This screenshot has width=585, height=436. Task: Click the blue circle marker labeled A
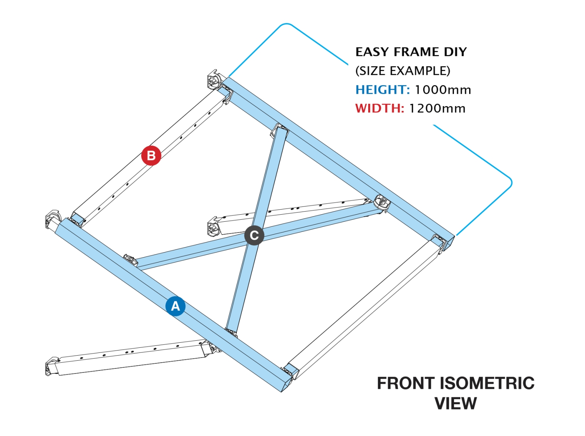click(x=175, y=306)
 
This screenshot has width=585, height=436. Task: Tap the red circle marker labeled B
click(x=151, y=155)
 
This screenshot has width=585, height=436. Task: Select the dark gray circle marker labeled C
click(x=254, y=235)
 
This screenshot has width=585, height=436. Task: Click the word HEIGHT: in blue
click(x=382, y=90)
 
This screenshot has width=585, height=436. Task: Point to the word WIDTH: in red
click(x=379, y=109)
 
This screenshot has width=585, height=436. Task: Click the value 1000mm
click(x=443, y=90)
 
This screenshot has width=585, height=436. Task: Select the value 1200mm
click(x=437, y=109)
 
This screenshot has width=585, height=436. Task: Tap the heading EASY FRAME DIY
click(x=411, y=52)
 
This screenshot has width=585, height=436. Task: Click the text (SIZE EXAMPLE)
click(x=402, y=71)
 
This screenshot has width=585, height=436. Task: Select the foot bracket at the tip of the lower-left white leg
click(x=52, y=366)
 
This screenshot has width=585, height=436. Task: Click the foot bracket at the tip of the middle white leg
click(x=214, y=227)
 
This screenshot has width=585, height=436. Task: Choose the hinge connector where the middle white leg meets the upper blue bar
click(x=382, y=203)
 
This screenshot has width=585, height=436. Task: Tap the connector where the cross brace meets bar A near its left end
click(x=131, y=260)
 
